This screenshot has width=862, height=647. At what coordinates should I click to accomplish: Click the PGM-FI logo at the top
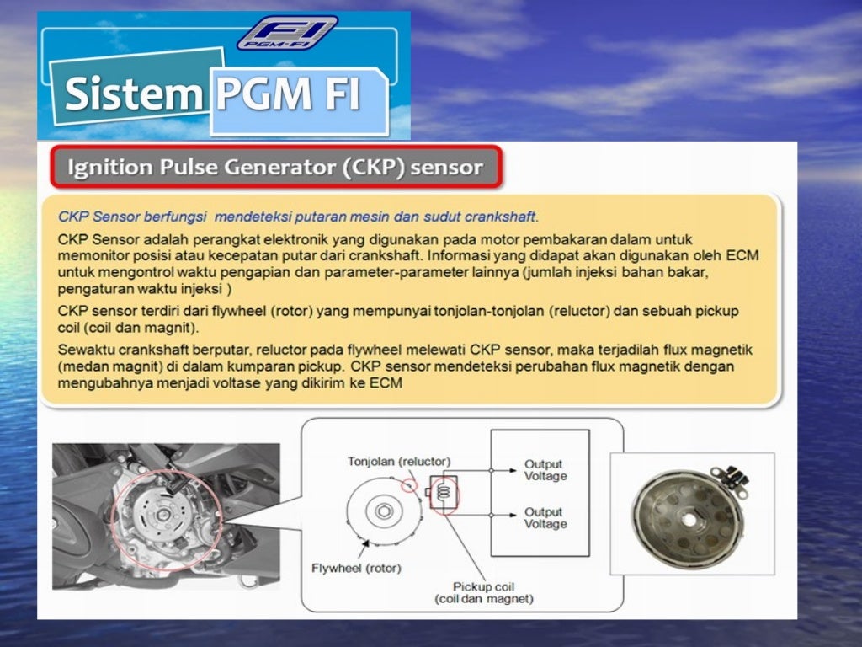pos(287,32)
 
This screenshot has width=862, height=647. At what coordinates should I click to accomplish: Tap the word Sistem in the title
pos(130,94)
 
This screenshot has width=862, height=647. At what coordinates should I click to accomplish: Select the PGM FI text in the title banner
pos(288,94)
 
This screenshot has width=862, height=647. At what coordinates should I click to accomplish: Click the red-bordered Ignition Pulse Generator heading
pos(275,167)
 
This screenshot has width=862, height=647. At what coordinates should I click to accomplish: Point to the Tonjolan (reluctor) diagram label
pos(399,462)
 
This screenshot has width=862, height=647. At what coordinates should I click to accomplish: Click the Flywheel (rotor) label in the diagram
pos(356,568)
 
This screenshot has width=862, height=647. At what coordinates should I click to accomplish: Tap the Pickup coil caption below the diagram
pos(483,592)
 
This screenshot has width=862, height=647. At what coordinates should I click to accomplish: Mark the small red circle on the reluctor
pos(410,485)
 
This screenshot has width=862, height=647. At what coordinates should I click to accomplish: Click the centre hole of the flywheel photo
pos(689,520)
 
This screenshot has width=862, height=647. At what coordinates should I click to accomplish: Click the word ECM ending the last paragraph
pos(389,383)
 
